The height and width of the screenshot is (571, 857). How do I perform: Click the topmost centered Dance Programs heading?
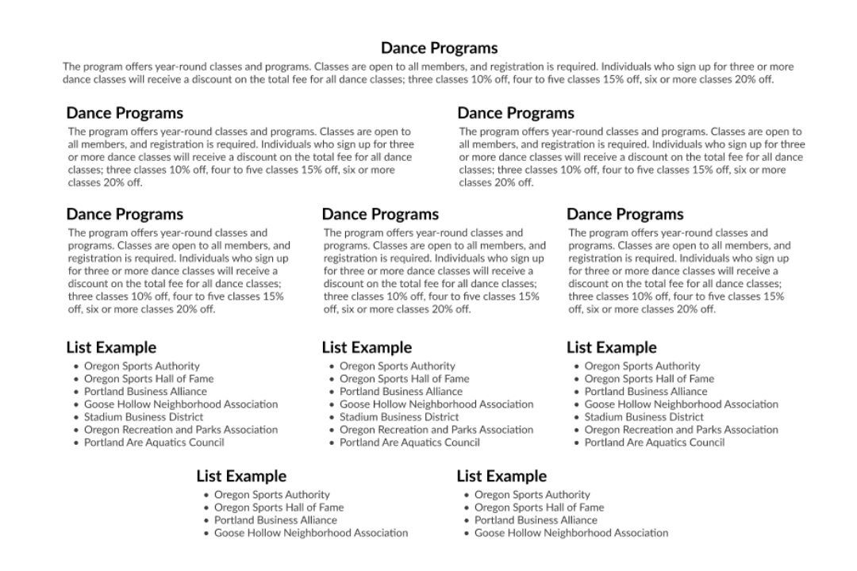click(439, 48)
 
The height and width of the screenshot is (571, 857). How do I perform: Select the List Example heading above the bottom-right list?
click(502, 476)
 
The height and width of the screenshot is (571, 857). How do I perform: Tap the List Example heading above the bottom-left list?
click(241, 476)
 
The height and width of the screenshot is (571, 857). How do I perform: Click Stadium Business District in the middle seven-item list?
click(399, 416)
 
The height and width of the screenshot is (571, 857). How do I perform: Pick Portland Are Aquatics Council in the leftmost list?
click(154, 442)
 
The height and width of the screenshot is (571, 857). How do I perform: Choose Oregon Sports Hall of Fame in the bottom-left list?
click(279, 507)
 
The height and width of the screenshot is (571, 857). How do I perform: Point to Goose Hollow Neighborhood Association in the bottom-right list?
click(571, 532)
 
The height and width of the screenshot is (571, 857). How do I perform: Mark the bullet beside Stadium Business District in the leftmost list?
click(76, 417)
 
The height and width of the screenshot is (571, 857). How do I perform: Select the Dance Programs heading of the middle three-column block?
click(380, 214)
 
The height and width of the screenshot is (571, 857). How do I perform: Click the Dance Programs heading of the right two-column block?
click(516, 113)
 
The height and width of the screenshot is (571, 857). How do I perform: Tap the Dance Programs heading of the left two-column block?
click(125, 113)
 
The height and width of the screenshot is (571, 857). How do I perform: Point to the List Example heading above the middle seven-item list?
click(367, 347)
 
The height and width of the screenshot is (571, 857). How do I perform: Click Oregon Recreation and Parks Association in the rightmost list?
click(681, 429)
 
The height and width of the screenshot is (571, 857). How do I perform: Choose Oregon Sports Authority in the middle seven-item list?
click(398, 366)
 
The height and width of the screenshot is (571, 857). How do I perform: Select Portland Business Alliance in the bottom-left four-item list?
click(275, 519)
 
